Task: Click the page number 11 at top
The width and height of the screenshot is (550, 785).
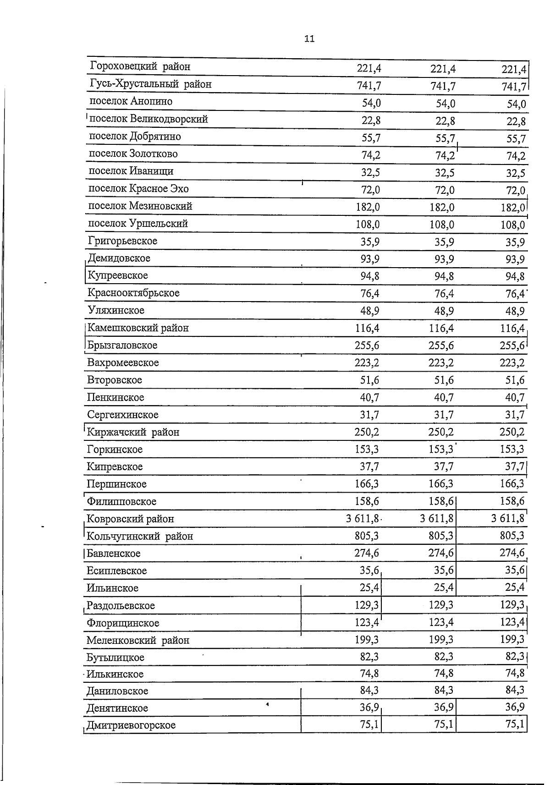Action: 309,39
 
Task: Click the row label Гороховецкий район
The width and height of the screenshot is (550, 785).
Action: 140,67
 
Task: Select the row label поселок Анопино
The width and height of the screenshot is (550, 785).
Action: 131,101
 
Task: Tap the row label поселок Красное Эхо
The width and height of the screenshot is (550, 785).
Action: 138,189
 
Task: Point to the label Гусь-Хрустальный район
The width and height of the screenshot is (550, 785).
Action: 151,84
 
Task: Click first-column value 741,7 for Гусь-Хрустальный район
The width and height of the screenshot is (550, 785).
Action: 368,86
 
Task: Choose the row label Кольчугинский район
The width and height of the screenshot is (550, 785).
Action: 140,536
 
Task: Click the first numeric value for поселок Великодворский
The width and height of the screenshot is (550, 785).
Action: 371,121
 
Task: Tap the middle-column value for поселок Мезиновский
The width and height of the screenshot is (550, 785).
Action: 442,207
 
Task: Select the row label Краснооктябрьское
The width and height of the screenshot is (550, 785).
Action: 133,293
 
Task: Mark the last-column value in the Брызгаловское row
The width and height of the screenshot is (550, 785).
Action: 512,346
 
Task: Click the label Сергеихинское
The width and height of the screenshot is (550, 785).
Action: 123,415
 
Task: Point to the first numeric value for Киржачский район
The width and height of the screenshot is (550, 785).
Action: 367,432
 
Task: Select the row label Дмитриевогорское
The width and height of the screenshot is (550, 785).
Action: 131,725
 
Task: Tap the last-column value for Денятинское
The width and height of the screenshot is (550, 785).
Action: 515,707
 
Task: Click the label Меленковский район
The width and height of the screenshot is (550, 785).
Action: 138,640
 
